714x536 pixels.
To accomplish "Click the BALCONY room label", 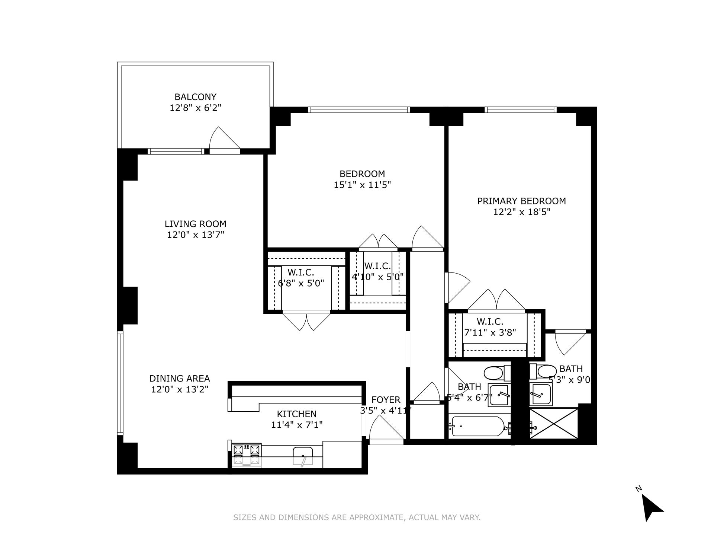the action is pos(195,97).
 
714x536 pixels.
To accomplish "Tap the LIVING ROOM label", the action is pos(195,224).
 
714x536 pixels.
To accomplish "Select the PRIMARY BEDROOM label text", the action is pos(521,201).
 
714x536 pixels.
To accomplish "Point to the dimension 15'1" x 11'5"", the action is pos(362,185).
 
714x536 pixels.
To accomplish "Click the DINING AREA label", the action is pos(180,379).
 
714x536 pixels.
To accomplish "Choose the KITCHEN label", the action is pos(297,414).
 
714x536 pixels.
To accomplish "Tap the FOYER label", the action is pos(386,400).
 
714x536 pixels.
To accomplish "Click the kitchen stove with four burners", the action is pos(247,455).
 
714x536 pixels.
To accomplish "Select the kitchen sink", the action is pos(303,456).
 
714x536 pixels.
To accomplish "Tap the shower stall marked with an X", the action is pos(554,424).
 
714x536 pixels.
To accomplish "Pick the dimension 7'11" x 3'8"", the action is pos(490,332).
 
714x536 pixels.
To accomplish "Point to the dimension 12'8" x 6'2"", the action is pos(196,108).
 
